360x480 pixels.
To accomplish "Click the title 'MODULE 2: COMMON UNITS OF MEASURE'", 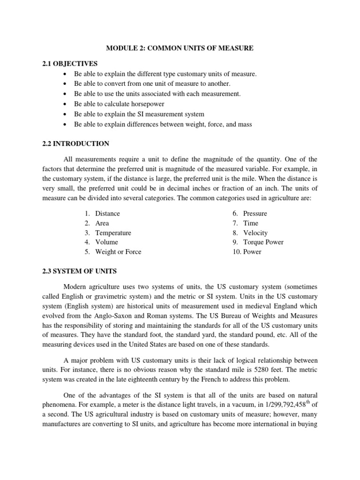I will [180, 48].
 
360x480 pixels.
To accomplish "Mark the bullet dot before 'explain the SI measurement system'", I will [64, 114].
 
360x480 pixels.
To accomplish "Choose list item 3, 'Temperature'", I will [113, 233].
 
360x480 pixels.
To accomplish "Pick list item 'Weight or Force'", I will [118, 252].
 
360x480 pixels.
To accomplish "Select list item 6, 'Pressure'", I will [255, 214].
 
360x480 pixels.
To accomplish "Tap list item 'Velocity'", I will [255, 233].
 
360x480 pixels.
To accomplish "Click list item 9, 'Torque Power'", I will [263, 242].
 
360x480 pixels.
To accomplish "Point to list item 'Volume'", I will [106, 242].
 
